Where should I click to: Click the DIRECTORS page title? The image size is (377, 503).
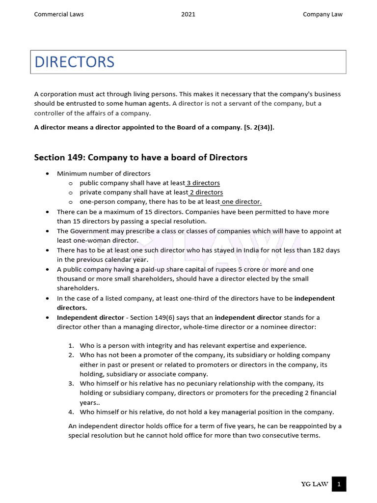(74, 62)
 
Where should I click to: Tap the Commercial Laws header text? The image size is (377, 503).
(58, 14)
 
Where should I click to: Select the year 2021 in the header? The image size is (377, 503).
(188, 14)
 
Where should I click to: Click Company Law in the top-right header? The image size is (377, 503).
(323, 14)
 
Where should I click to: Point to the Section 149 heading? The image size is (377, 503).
(140, 158)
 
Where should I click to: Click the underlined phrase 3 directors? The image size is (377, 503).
(203, 183)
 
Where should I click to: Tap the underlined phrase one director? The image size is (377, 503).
(242, 202)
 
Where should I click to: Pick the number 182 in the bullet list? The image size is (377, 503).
(311, 250)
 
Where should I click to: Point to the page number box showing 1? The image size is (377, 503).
(339, 484)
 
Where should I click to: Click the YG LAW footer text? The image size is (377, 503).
(315, 484)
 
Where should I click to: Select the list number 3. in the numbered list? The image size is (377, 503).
(71, 383)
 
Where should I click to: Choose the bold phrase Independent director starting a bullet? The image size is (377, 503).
(90, 317)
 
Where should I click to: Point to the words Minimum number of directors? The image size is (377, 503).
(104, 173)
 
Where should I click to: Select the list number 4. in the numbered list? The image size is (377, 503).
(71, 412)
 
